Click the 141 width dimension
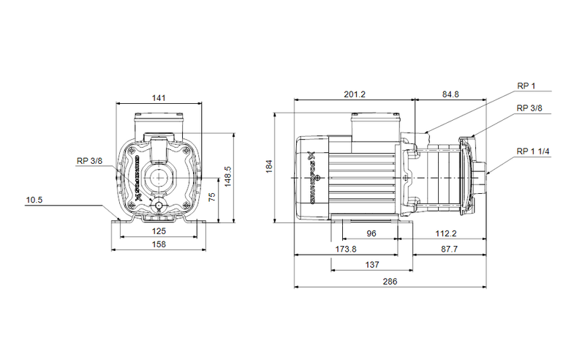pyautogui.click(x=159, y=97)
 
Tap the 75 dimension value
pyautogui.click(x=211, y=198)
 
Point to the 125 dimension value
pyautogui.click(x=159, y=231)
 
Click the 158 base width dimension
pyautogui.click(x=159, y=245)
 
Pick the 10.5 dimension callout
pyautogui.click(x=35, y=200)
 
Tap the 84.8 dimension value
pyautogui.click(x=451, y=94)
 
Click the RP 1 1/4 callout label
pyautogui.click(x=532, y=151)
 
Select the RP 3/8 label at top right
pyautogui.click(x=529, y=108)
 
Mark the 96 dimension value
pyautogui.click(x=371, y=233)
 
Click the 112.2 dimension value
pyautogui.click(x=446, y=233)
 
